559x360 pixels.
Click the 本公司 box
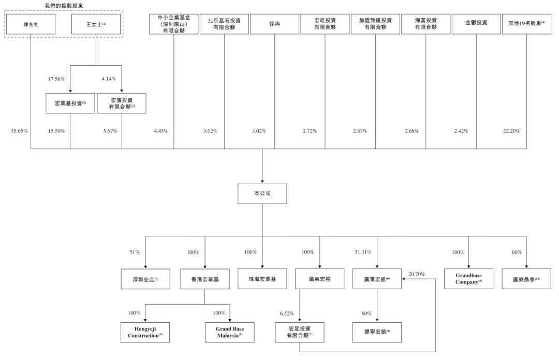[262, 193]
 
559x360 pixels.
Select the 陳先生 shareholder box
[31, 24]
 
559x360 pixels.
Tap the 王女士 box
[96, 24]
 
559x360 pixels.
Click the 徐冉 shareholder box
[274, 24]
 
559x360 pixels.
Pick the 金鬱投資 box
[476, 24]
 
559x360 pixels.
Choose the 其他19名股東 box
[526, 24]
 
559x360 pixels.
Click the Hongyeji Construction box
[145, 332]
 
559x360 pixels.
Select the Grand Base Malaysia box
[230, 332]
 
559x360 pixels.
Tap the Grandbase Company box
[468, 279]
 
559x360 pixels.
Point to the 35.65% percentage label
[19, 131]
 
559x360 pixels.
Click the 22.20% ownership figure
[511, 131]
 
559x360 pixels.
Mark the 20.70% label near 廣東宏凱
[417, 274]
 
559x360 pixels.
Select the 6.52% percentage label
[287, 313]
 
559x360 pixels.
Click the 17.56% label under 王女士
[56, 79]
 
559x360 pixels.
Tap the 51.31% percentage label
[363, 252]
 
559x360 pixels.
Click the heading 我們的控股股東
[64, 6]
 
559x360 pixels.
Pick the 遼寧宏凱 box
[377, 332]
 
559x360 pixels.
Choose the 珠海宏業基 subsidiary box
[262, 279]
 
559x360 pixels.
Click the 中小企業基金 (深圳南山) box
[173, 24]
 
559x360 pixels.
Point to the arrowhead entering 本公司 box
[262, 182]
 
